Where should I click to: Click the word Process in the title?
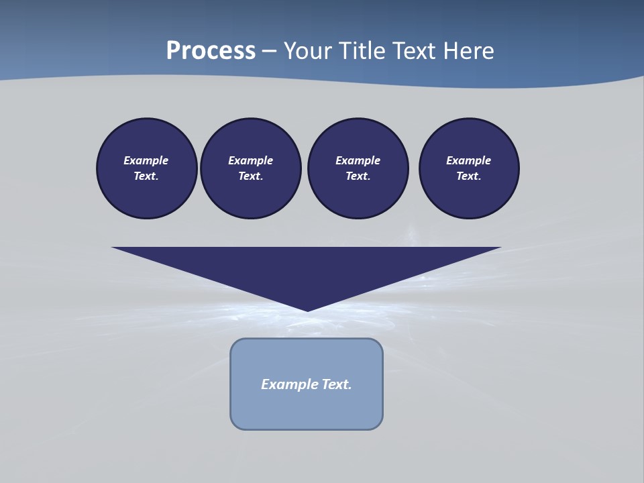pyautogui.click(x=211, y=51)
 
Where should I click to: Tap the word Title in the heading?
pyautogui.click(x=364, y=51)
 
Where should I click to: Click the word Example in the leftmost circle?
pyautogui.click(x=146, y=160)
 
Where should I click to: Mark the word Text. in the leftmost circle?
pyautogui.click(x=146, y=176)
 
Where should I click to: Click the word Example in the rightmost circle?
pyautogui.click(x=469, y=160)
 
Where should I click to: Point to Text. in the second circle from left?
pyautogui.click(x=250, y=176)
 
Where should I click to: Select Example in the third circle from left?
pyautogui.click(x=358, y=160)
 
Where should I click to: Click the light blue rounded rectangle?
pyautogui.click(x=307, y=409)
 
